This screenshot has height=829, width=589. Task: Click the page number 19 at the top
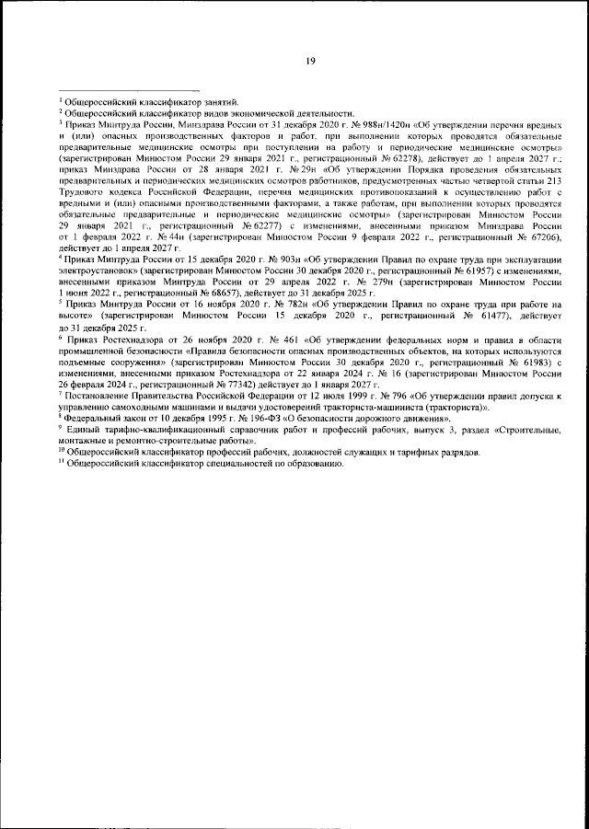pyautogui.click(x=310, y=62)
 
